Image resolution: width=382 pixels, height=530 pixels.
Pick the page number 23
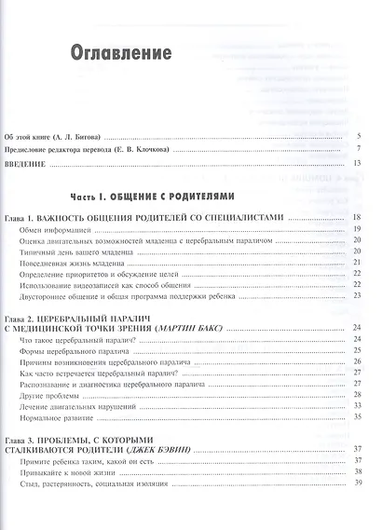[x=357, y=296]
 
